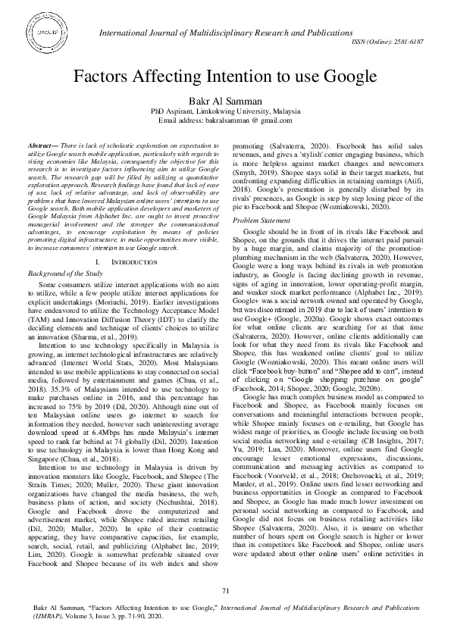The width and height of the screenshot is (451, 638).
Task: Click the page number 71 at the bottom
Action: [225, 611]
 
